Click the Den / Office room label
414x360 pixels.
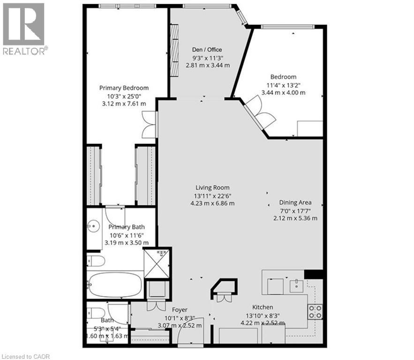[207, 50]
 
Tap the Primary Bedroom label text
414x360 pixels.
[124, 88]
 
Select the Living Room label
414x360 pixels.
[212, 187]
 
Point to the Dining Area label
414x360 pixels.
[295, 202]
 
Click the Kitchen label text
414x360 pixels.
[263, 307]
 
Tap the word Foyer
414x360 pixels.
[180, 310]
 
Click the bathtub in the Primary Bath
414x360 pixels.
[115, 285]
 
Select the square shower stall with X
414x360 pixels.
[157, 263]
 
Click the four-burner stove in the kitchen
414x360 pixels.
[315, 312]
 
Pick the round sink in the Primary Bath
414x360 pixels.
[93, 226]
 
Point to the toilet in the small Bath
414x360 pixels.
[96, 313]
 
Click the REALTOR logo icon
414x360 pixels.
[23, 24]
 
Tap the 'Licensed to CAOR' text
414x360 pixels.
[25, 357]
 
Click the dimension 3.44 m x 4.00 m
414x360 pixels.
[283, 93]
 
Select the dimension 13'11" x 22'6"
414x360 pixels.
[212, 196]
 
